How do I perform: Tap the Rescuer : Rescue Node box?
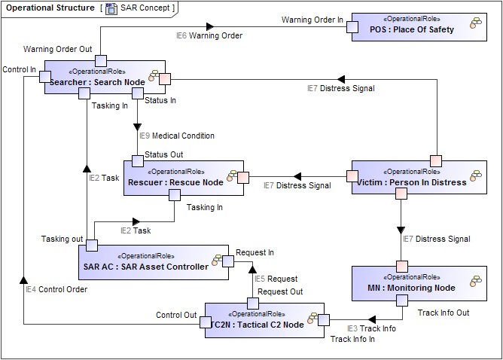(184, 178)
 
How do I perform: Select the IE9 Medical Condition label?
(176, 136)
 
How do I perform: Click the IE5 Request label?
(276, 279)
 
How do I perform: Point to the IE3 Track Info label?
(371, 328)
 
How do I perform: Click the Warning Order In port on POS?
(352, 28)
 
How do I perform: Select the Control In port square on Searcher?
(45, 76)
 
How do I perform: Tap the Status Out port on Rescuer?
(138, 160)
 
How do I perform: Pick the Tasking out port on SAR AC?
(91, 245)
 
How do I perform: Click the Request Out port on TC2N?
(254, 304)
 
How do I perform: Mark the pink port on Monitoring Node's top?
(402, 266)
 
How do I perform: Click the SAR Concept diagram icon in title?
(111, 8)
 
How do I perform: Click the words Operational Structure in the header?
(45, 8)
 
